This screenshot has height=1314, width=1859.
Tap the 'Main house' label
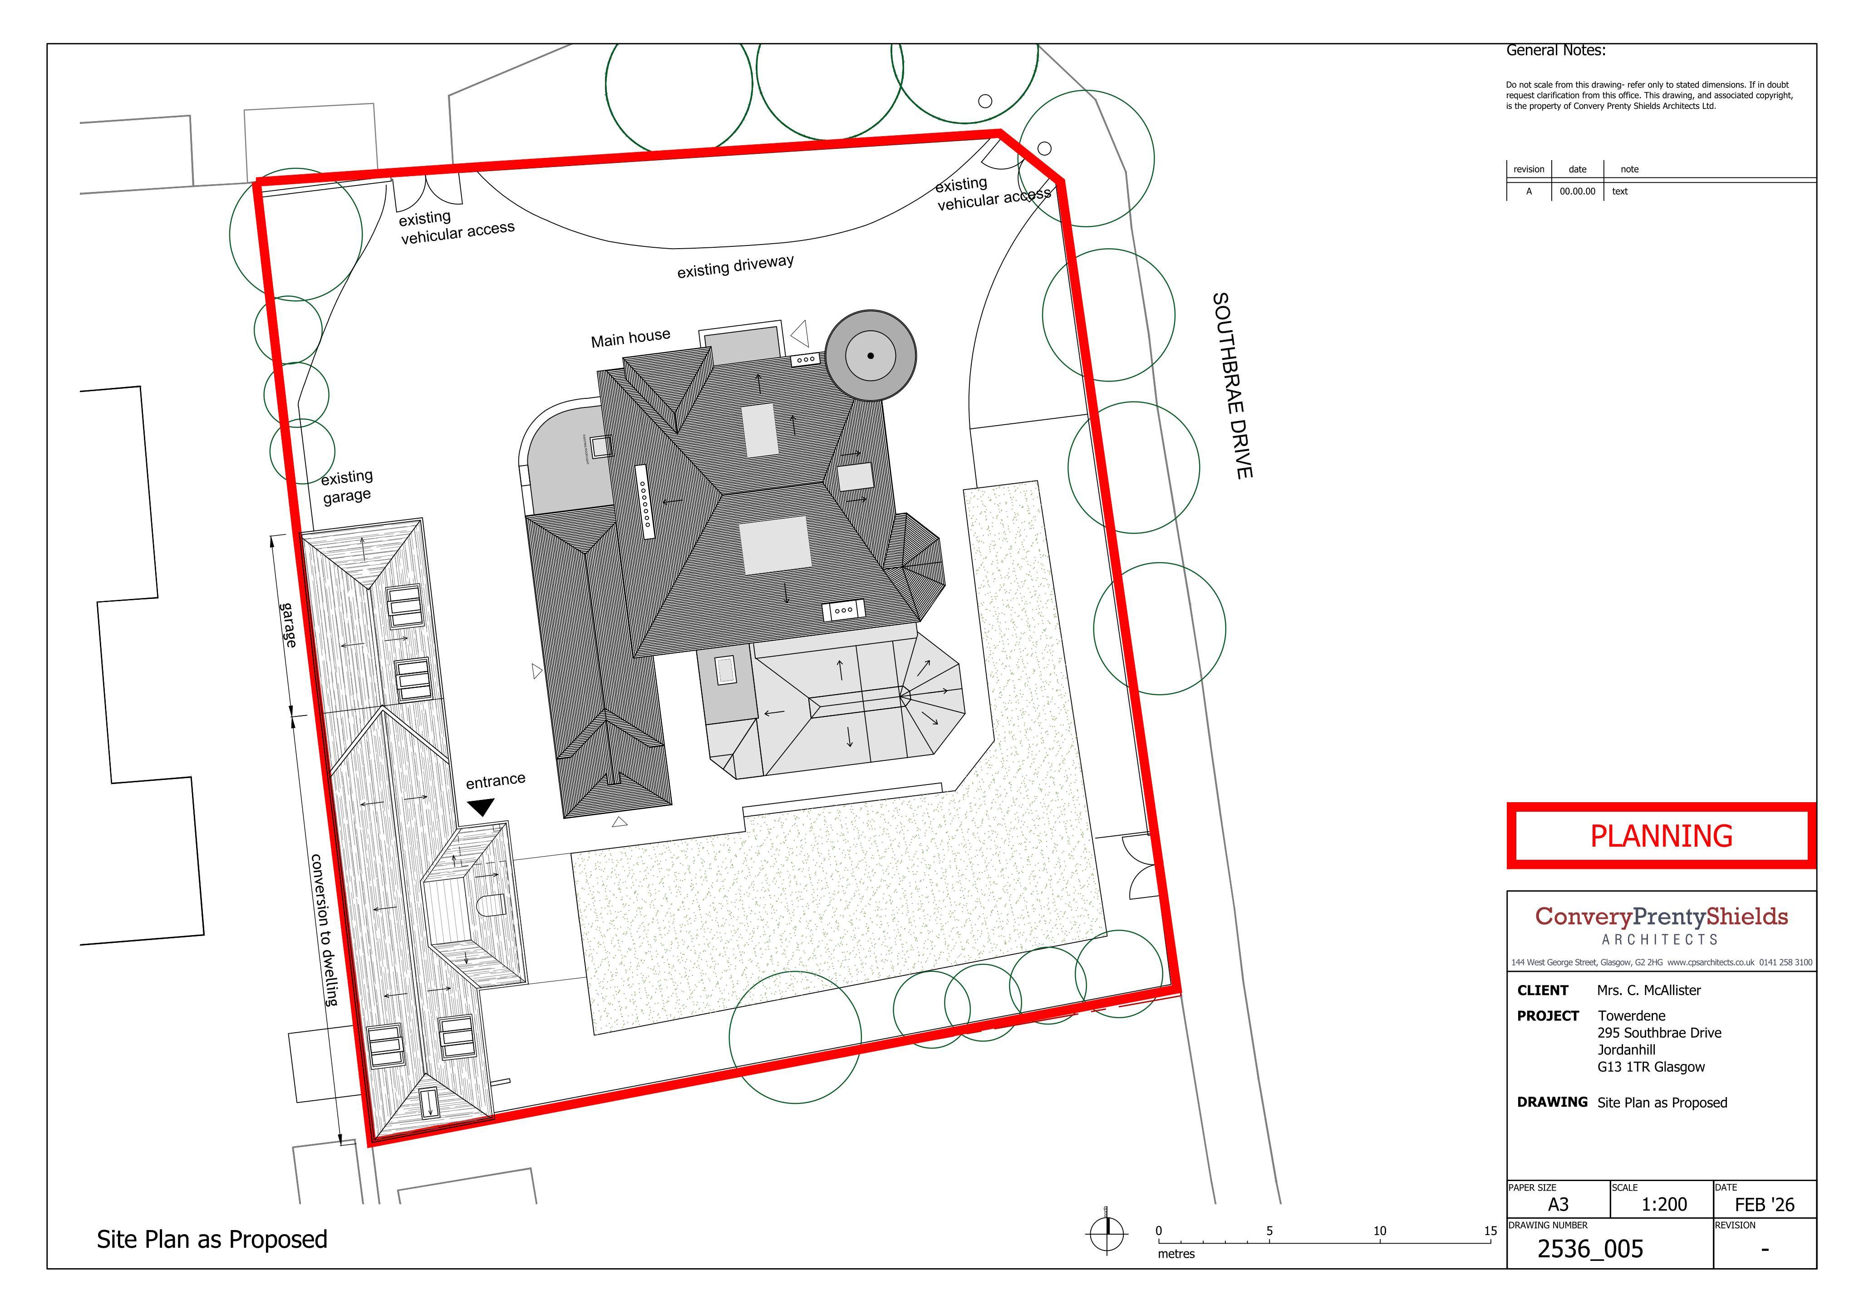(x=631, y=338)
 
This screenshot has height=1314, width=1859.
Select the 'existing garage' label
(x=347, y=486)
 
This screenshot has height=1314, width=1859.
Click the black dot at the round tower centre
(x=870, y=355)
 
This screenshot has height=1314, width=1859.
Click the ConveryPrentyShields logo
(x=1662, y=925)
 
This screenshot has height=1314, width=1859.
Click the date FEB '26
(x=1764, y=1205)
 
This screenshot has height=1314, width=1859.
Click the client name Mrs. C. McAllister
(x=1648, y=990)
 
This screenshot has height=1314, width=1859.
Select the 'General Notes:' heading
(x=1555, y=50)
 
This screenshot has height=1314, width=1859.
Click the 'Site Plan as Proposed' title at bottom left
(x=212, y=1240)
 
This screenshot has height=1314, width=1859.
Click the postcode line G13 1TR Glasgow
(x=1651, y=1067)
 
